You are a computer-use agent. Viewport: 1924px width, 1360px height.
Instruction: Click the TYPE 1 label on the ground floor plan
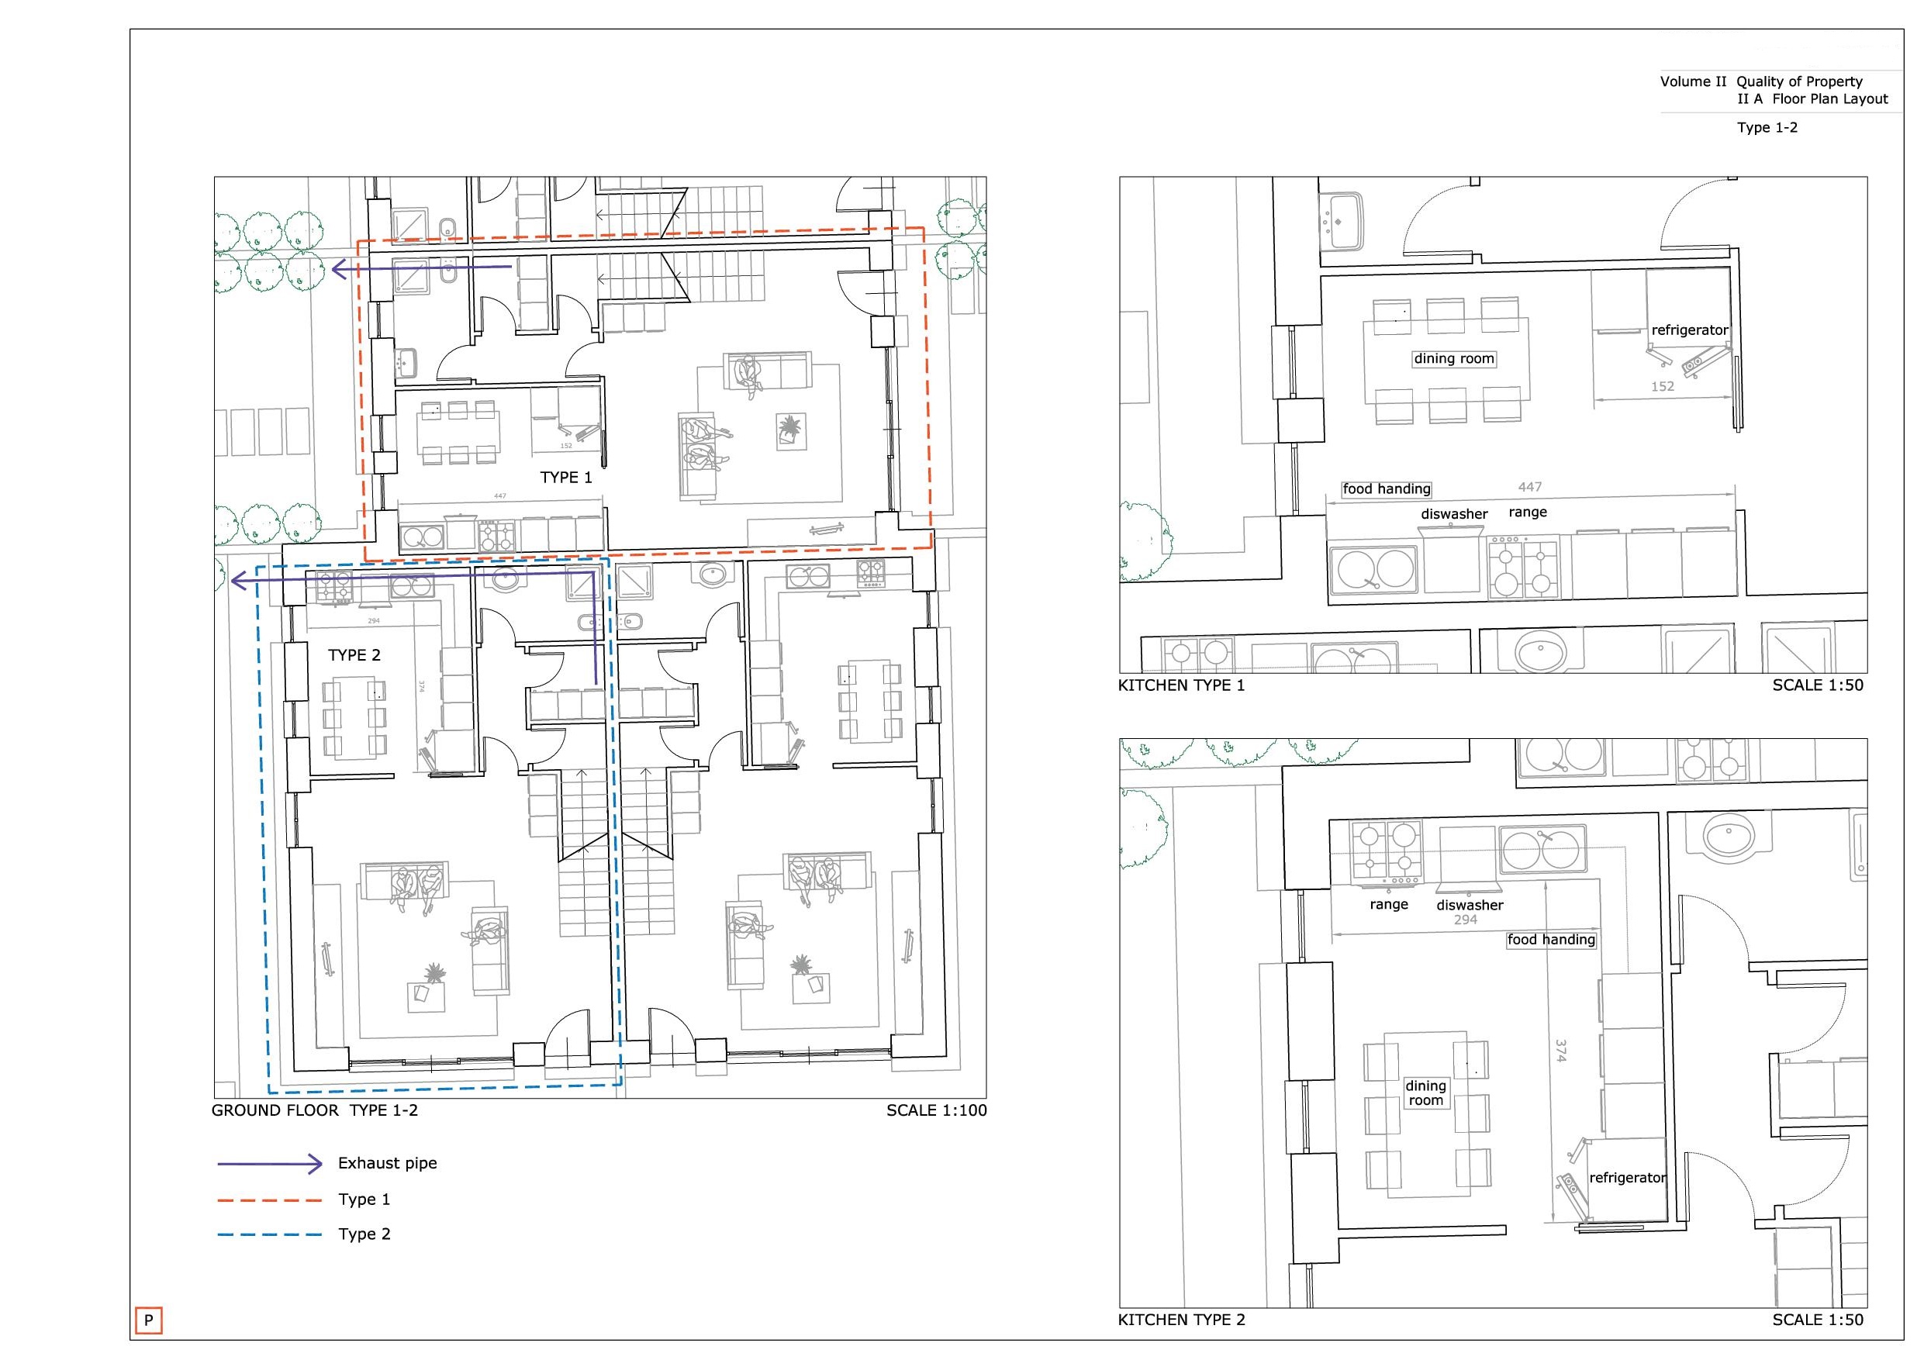tap(565, 478)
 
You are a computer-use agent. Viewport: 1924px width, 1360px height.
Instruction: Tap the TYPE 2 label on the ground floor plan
tap(354, 655)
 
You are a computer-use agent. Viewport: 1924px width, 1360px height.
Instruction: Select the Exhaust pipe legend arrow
tap(270, 1164)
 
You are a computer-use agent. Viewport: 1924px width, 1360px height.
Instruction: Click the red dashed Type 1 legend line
tap(270, 1200)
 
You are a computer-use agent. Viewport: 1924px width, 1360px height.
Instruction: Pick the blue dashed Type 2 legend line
tap(270, 1234)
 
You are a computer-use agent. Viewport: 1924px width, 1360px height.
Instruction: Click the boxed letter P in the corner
tap(148, 1320)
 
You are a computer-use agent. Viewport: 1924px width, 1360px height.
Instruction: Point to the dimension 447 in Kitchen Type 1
tap(1529, 487)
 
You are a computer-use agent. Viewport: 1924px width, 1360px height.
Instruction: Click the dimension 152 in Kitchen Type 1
tap(1663, 386)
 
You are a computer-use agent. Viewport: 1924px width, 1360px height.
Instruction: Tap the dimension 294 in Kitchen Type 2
tap(1466, 920)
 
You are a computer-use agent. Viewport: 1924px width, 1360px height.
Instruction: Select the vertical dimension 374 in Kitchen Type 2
tap(1560, 1051)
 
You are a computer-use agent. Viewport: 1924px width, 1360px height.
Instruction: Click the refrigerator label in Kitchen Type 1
tap(1689, 330)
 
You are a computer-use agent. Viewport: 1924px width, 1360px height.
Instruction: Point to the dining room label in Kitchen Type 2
tap(1425, 1092)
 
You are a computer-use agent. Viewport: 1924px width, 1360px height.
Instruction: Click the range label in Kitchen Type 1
tap(1528, 512)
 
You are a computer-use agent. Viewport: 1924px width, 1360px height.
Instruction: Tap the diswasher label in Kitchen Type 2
tap(1470, 905)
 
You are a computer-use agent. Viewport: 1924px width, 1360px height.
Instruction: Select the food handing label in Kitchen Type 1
tap(1386, 489)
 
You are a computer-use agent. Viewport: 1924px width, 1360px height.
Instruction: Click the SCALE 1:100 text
tap(936, 1110)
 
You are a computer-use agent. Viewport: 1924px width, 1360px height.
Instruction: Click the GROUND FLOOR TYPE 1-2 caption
tap(314, 1110)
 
